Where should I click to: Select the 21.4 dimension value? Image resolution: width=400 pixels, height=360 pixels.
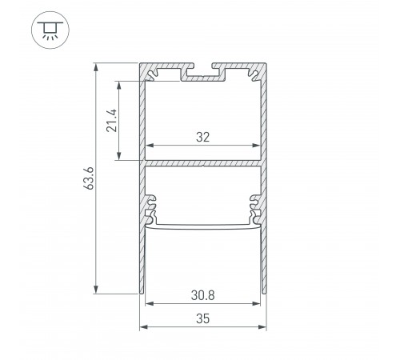pos(113,119)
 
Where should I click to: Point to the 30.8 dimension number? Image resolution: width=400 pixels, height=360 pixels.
pos(202,294)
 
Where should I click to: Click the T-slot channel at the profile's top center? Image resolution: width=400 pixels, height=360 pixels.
pos(202,75)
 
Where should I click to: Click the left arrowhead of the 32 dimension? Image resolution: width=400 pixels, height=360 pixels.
pos(148,146)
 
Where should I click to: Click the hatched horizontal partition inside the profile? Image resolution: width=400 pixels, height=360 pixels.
pos(202,163)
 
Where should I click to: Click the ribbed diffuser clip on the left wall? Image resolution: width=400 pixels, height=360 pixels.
pos(150,209)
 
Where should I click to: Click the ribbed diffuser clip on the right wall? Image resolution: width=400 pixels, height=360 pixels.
pos(256,209)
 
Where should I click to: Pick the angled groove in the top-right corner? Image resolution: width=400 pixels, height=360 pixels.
pos(254,75)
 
